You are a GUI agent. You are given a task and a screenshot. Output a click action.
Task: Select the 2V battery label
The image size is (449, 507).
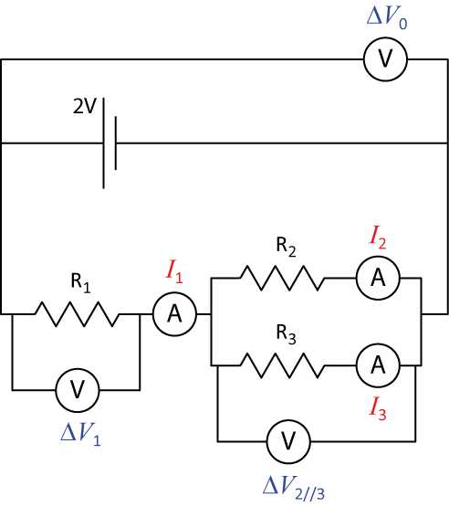pyautogui.click(x=85, y=106)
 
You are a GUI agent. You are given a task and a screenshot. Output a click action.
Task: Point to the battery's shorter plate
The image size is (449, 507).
pyautogui.click(x=116, y=143)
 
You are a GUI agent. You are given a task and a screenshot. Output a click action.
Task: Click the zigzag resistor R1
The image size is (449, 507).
pyautogui.click(x=77, y=313)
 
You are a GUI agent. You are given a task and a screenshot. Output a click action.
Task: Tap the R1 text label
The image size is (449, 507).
pyautogui.click(x=80, y=283)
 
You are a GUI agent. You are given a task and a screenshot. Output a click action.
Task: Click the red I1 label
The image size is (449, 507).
pyautogui.click(x=174, y=272)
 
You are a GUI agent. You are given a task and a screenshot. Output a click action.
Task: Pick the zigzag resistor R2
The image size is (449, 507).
pyautogui.click(x=282, y=278)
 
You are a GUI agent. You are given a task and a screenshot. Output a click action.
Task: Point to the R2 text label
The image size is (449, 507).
pyautogui.click(x=286, y=247)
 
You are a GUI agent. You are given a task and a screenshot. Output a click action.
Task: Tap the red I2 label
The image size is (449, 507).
pyautogui.click(x=378, y=238)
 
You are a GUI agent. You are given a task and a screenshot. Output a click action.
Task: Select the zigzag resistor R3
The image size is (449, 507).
pyautogui.click(x=282, y=365)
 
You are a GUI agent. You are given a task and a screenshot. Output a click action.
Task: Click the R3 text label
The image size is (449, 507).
pyautogui.click(x=286, y=334)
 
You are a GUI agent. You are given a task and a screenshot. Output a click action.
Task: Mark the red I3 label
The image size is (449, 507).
pyautogui.click(x=378, y=409)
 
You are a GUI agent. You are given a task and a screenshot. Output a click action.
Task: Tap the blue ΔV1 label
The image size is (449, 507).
pyautogui.click(x=80, y=435)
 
